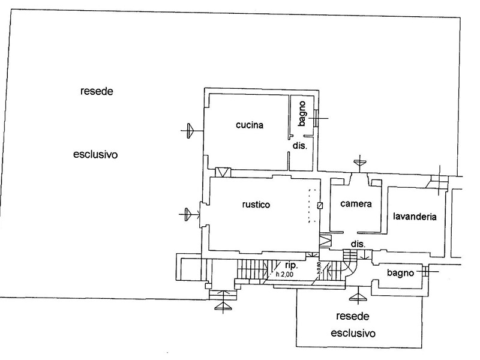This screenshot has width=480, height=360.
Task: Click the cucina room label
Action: [x=250, y=125]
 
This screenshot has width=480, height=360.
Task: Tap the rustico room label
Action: [x=256, y=204]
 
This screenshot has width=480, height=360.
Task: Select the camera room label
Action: [x=356, y=203]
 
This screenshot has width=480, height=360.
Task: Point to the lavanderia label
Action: [x=415, y=217]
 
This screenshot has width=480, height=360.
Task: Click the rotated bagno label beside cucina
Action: [x=302, y=113]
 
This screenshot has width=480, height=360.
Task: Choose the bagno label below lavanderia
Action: [x=400, y=273]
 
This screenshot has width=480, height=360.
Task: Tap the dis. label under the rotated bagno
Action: [x=299, y=145]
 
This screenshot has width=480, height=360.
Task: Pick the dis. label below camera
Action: [x=358, y=244]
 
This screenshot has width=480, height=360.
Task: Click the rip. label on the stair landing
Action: [x=291, y=265]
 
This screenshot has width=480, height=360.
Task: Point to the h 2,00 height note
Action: [x=284, y=274]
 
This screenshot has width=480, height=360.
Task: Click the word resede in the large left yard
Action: [x=97, y=91]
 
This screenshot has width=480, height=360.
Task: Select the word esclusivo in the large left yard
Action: [x=95, y=154]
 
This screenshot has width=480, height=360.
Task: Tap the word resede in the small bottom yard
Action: [x=352, y=316]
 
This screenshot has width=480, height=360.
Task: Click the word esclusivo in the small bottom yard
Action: [x=353, y=333]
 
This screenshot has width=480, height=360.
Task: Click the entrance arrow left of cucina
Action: [x=190, y=131]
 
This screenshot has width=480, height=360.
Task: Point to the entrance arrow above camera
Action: [x=359, y=161]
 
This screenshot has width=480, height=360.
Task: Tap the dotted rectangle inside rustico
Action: [x=313, y=206]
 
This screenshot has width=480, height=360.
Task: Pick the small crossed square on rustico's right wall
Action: [x=320, y=206]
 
